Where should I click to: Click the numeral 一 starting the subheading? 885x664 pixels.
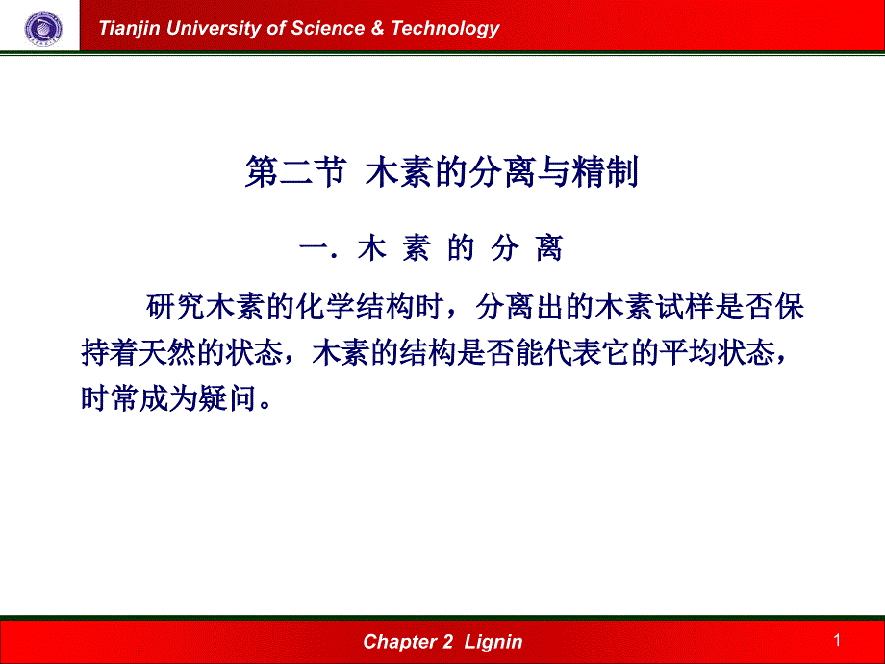coord(315,249)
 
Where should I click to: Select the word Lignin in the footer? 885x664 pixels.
coord(493,642)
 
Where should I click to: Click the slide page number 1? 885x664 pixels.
coord(838,640)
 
